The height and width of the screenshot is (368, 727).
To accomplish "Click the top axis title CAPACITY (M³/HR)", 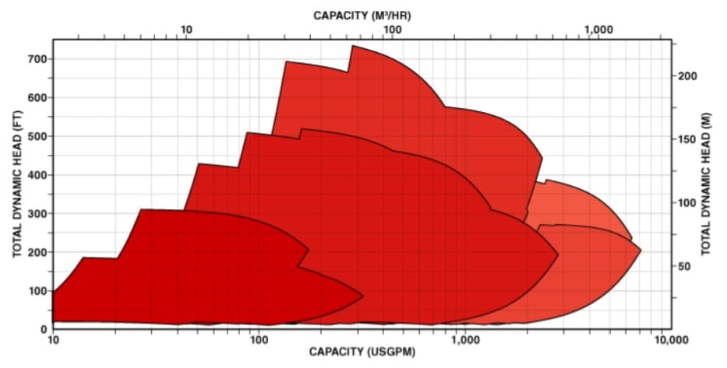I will click(x=363, y=14).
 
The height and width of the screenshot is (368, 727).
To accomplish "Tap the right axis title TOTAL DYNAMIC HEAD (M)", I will click(x=706, y=185).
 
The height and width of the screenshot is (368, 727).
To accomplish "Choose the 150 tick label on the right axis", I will click(x=686, y=138).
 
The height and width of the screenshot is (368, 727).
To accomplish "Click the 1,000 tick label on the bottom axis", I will click(x=464, y=339).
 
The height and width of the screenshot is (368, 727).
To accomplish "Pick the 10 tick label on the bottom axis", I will click(x=53, y=339).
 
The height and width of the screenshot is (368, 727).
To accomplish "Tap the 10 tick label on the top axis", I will click(x=186, y=29).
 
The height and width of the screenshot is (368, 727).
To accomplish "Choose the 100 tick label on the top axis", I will click(x=392, y=29).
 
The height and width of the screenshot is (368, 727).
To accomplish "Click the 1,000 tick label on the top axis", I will click(x=598, y=29).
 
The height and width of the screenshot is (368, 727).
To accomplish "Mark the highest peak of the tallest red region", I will click(x=352, y=46).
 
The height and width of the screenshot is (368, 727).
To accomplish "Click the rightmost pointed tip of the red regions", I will click(x=641, y=251).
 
